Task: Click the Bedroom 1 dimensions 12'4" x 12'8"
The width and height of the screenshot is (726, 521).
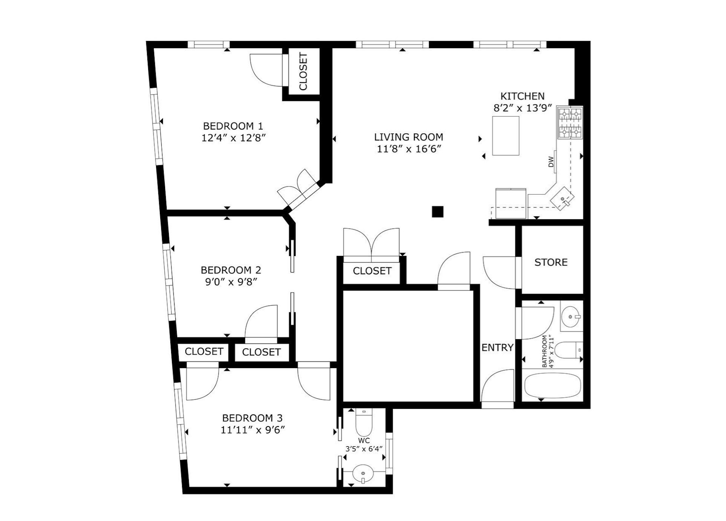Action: pyautogui.click(x=234, y=138)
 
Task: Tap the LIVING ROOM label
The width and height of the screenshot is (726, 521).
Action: pyautogui.click(x=409, y=137)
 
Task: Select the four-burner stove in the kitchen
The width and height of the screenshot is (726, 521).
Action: pyautogui.click(x=570, y=123)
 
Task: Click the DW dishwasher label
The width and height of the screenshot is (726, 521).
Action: pyautogui.click(x=551, y=162)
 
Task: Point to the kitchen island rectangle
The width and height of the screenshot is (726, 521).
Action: pyautogui.click(x=505, y=136)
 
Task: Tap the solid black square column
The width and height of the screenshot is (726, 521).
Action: pyautogui.click(x=437, y=212)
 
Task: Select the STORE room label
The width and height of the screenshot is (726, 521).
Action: pyautogui.click(x=551, y=262)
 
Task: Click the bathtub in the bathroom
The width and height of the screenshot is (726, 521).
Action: pyautogui.click(x=553, y=385)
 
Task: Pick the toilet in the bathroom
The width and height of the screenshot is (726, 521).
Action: pyautogui.click(x=568, y=350)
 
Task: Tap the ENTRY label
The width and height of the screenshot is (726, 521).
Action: pyautogui.click(x=498, y=347)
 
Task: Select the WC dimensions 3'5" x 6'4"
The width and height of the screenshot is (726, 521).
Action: pyautogui.click(x=364, y=449)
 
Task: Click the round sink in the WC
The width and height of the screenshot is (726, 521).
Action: pyautogui.click(x=363, y=474)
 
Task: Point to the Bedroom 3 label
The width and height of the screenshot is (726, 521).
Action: pyautogui.click(x=252, y=418)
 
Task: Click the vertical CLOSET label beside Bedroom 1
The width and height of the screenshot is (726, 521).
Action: pyautogui.click(x=303, y=72)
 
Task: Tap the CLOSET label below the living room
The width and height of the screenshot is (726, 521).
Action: pyautogui.click(x=372, y=271)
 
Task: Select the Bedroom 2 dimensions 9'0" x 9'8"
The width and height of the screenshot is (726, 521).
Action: pyautogui.click(x=231, y=282)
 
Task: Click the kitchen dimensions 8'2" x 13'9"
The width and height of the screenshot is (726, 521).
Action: pyautogui.click(x=522, y=108)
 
